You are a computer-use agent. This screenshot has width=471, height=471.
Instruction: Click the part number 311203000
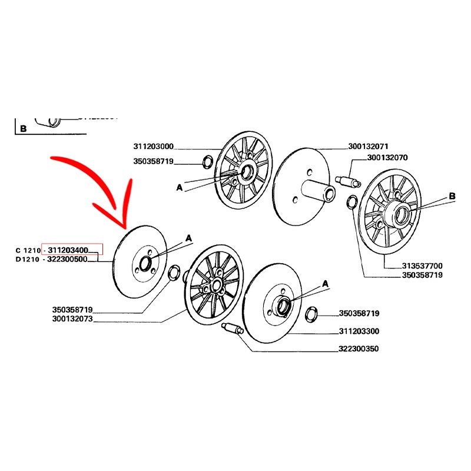coord(154,147)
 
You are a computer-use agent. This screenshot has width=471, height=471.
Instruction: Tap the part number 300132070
coord(387,158)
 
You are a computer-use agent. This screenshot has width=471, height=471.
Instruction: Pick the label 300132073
coord(72,319)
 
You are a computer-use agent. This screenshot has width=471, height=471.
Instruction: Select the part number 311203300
coord(359,331)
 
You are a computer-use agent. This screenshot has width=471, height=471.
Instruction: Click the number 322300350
coord(359,349)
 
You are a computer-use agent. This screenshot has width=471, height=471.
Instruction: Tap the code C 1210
coord(28,250)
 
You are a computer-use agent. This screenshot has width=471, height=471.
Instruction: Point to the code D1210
coord(28,259)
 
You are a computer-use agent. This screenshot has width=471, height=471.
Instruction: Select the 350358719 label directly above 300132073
coord(72,310)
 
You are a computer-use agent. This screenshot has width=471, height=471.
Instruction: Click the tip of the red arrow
coord(125,228)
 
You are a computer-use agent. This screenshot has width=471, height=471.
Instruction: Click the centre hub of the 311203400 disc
coord(145,263)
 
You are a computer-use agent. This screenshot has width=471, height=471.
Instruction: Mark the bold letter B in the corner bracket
coord(23,128)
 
